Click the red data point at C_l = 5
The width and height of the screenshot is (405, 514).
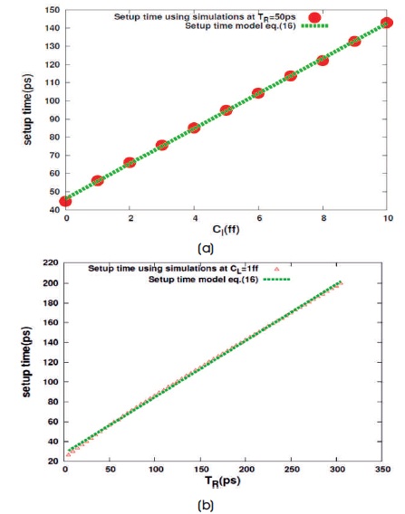(227, 110)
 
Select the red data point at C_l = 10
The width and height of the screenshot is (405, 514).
(387, 23)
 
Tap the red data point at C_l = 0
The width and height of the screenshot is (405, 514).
(65, 201)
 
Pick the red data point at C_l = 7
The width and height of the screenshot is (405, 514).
(291, 76)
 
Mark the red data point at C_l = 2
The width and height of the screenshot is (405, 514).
(130, 163)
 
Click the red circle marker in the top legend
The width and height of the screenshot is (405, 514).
(314, 17)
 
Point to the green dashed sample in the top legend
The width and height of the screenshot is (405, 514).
(314, 26)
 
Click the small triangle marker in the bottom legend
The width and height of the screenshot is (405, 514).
(276, 269)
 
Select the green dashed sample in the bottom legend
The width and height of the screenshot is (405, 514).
(276, 280)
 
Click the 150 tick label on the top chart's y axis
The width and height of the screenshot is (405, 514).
(53, 10)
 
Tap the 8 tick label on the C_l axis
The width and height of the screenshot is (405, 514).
(323, 218)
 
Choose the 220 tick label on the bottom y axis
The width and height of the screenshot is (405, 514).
(51, 263)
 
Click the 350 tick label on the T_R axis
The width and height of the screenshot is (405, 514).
(382, 470)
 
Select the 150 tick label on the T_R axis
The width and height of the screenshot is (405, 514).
(201, 470)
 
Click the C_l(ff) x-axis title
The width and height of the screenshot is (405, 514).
(226, 230)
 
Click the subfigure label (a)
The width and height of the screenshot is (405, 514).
(206, 249)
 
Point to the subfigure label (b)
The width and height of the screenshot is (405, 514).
(206, 505)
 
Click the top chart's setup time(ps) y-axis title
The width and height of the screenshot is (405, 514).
(27, 109)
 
